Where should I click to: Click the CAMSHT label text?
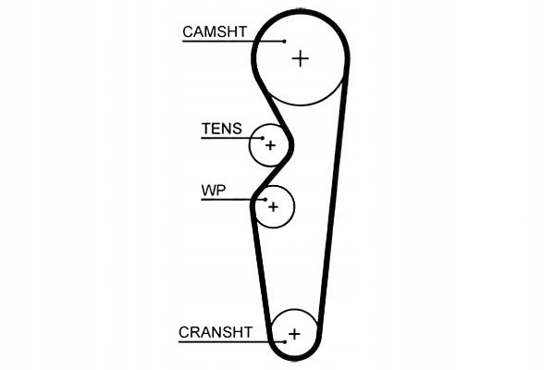pyautogui.click(x=215, y=31)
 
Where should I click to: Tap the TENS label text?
pyautogui.click(x=222, y=129)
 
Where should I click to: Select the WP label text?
pyautogui.click(x=214, y=191)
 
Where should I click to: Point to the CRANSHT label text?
pyautogui.click(x=216, y=332)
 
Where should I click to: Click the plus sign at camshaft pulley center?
pyautogui.click(x=300, y=59)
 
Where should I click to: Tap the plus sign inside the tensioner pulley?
pyautogui.click(x=270, y=145)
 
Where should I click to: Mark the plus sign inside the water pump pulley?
pyautogui.click(x=273, y=207)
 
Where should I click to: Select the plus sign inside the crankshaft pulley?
pyautogui.click(x=294, y=334)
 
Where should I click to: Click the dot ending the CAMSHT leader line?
pyautogui.click(x=285, y=42)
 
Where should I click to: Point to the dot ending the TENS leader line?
pyautogui.click(x=263, y=138)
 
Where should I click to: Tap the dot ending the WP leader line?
pyautogui.click(x=265, y=200)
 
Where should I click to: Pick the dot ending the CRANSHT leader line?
pyautogui.click(x=285, y=342)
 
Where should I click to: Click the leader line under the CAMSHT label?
pyautogui.click(x=234, y=42)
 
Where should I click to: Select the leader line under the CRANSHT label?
pyautogui.click(x=231, y=342)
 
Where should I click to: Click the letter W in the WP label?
pyautogui.click(x=208, y=191)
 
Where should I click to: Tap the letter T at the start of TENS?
pyautogui.click(x=205, y=129)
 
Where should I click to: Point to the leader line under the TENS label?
pyautogui.click(x=232, y=138)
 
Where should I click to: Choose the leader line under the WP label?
pyautogui.click(x=233, y=200)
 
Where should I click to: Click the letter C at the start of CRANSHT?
pyautogui.click(x=184, y=332)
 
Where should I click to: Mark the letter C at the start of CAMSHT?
pyautogui.click(x=188, y=31)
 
